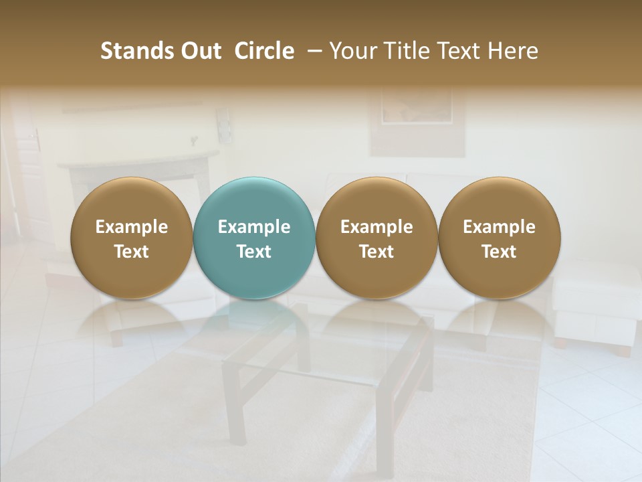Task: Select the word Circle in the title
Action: pyautogui.click(x=264, y=51)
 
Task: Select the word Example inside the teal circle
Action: pyautogui.click(x=254, y=227)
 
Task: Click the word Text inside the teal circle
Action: pyautogui.click(x=254, y=252)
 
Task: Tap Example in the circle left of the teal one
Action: pyautogui.click(x=132, y=227)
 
